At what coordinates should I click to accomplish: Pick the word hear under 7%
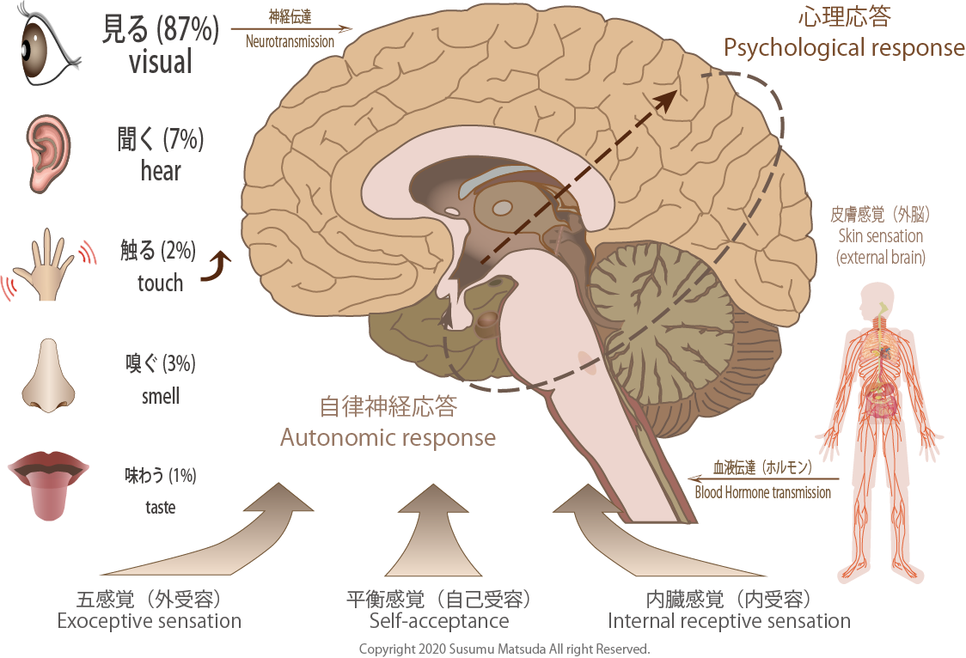[161, 172]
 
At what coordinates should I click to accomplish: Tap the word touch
[160, 283]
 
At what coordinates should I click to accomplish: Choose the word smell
[161, 397]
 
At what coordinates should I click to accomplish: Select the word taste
[160, 508]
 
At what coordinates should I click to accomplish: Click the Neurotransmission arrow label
[290, 40]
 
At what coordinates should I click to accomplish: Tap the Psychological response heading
[844, 47]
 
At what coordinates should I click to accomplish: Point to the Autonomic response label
[388, 437]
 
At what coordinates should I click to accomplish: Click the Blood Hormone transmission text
[762, 492]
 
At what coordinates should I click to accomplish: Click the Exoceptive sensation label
[149, 621]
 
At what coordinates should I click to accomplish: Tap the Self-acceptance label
[439, 621]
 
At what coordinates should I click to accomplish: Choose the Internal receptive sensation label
[729, 621]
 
